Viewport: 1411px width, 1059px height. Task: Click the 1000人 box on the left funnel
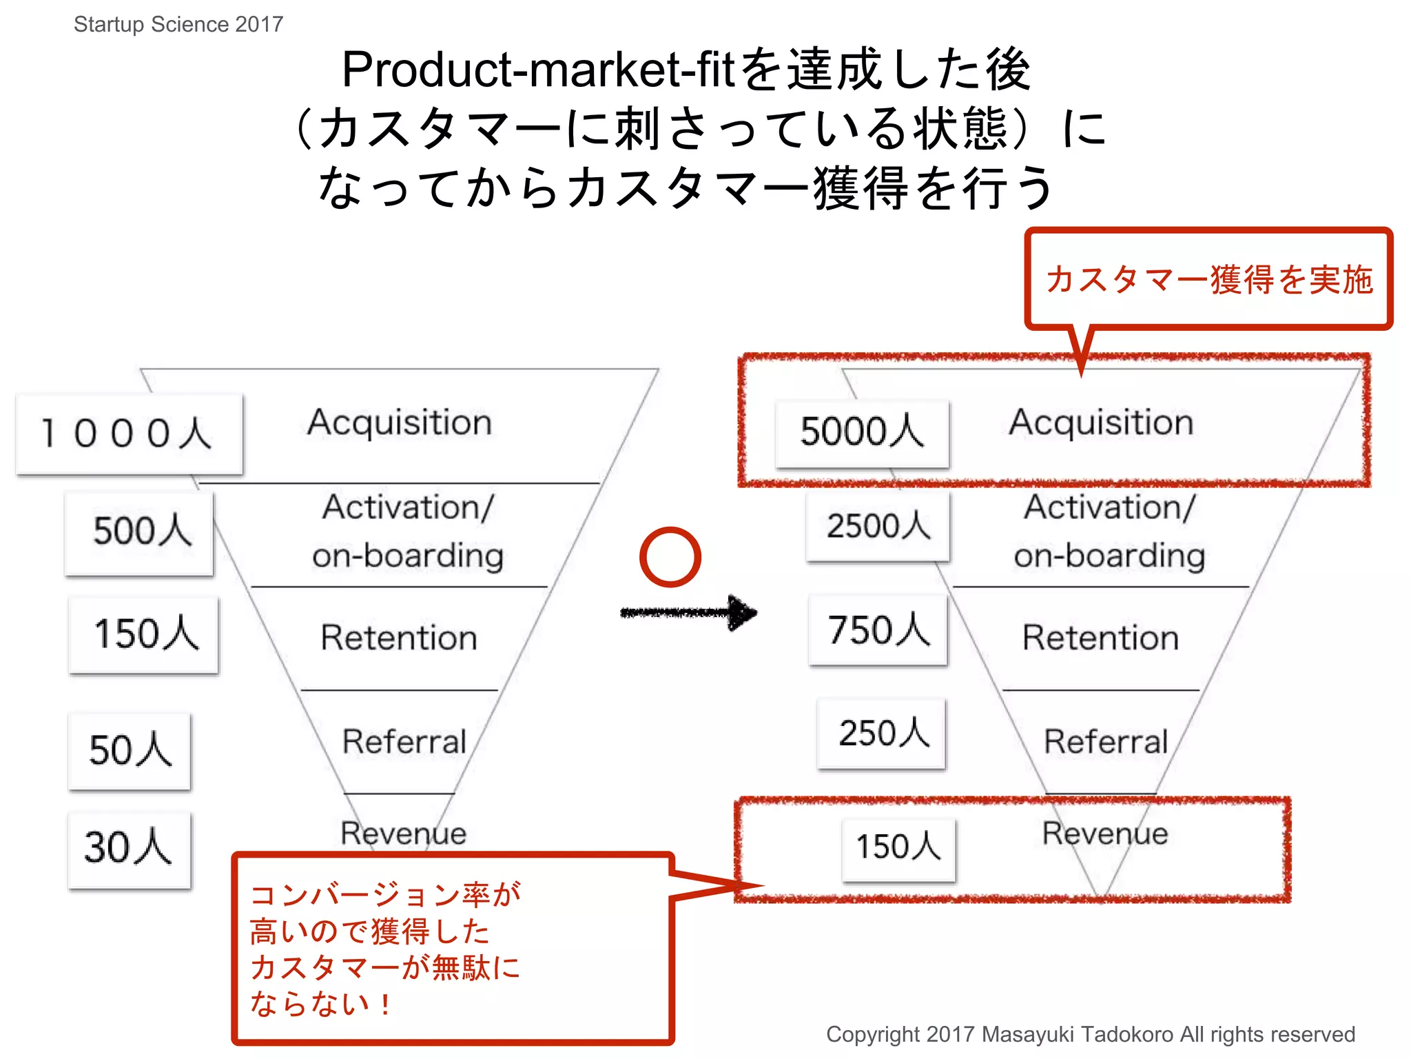click(130, 434)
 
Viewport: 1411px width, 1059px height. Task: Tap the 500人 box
click(140, 532)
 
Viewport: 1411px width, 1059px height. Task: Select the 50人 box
click(130, 751)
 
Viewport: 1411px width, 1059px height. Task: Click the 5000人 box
click(862, 433)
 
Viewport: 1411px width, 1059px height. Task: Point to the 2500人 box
click(878, 527)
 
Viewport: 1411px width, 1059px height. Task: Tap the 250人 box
click(882, 734)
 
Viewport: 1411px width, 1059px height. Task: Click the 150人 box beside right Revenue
click(899, 848)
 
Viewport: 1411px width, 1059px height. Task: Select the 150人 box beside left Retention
click(144, 634)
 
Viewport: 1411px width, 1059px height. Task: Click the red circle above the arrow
click(670, 557)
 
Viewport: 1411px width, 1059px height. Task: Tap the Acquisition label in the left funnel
click(400, 422)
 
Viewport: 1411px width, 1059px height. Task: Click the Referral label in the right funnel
click(1106, 742)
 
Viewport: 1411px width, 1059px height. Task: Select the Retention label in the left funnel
click(399, 638)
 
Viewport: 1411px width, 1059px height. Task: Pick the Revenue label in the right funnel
click(1105, 834)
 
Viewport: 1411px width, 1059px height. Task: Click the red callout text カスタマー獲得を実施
click(1209, 280)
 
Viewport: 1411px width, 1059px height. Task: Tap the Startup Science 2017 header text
click(178, 24)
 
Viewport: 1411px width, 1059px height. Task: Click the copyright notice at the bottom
click(1090, 1034)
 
